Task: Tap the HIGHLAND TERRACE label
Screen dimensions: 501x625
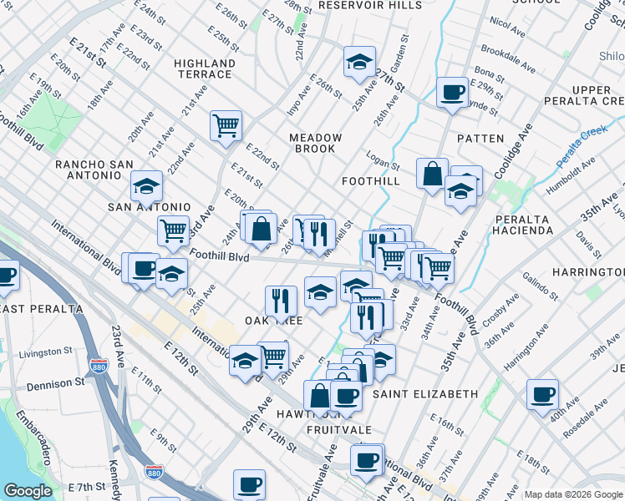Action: coord(205,68)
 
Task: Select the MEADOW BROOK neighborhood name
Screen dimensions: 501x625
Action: coord(316,143)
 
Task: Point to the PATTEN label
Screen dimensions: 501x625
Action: coord(480,139)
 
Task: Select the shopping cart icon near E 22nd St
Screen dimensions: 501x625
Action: coord(226,126)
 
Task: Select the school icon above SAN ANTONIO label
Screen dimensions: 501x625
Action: coord(146,186)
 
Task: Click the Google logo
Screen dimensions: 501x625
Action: coord(28,491)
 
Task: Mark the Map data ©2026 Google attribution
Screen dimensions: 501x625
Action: coord(573,494)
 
